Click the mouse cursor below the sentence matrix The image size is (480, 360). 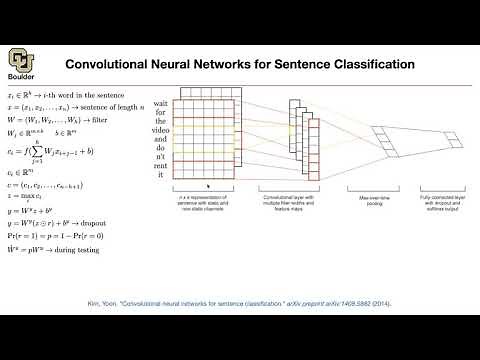(207, 186)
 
